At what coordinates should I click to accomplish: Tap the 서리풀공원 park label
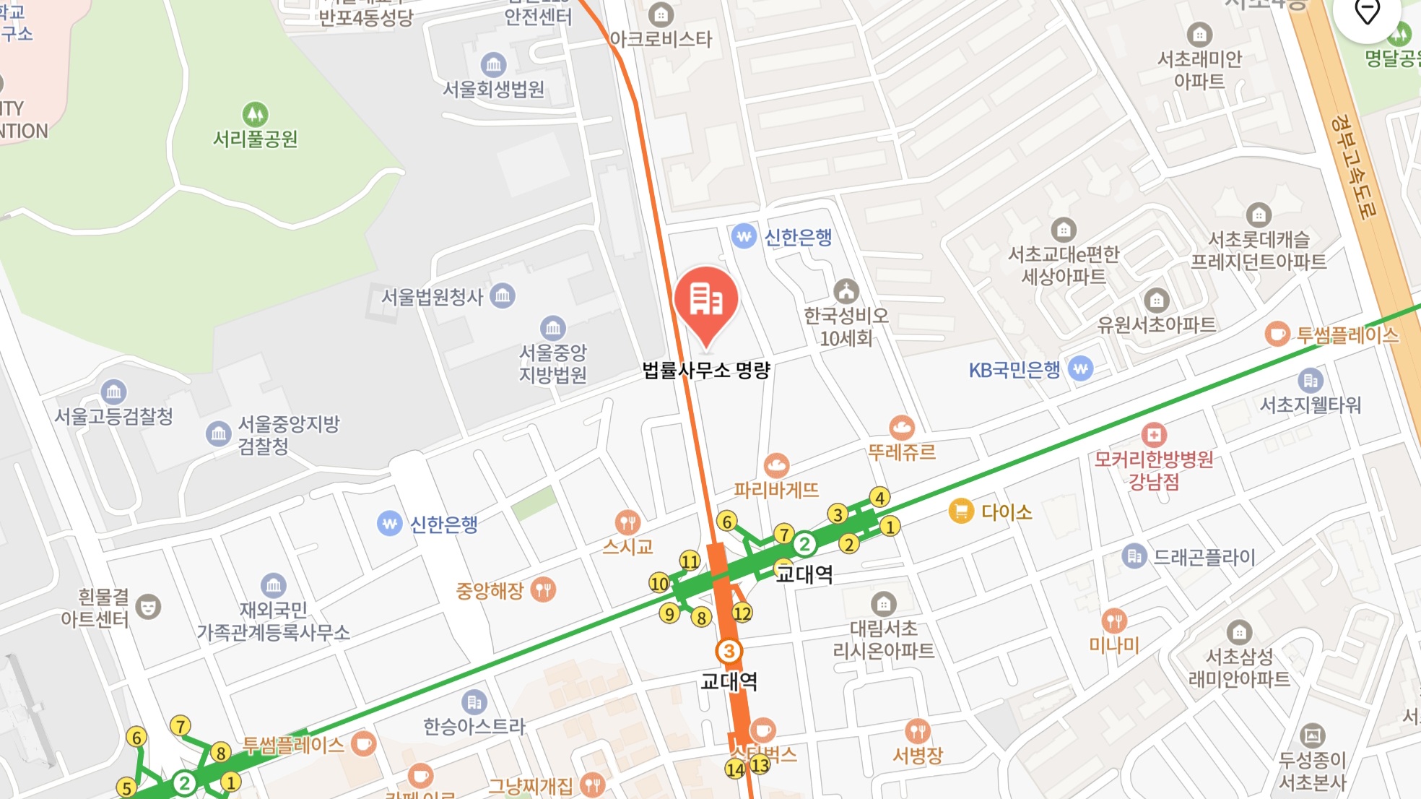click(255, 138)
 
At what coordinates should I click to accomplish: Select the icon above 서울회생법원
click(493, 65)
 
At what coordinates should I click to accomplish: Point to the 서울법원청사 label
click(432, 297)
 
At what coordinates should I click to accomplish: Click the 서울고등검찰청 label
click(114, 416)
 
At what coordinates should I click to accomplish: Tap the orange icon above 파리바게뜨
click(776, 465)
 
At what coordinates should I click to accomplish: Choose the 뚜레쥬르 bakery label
click(901, 452)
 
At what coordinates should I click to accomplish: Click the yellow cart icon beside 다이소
click(961, 511)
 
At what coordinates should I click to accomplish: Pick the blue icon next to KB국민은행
click(1080, 369)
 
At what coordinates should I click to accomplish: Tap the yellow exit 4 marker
click(879, 497)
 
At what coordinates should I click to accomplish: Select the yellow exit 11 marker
click(690, 561)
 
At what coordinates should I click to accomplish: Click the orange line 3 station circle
click(729, 651)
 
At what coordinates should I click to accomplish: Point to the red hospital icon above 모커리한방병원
click(1154, 434)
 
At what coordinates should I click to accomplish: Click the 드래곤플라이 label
click(1204, 557)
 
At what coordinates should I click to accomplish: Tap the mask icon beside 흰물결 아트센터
click(148, 607)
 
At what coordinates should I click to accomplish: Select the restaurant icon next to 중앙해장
click(543, 589)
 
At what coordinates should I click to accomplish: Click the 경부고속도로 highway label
click(1355, 166)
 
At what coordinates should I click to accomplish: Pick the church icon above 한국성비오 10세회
click(846, 292)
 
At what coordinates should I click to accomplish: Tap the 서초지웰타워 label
click(1311, 405)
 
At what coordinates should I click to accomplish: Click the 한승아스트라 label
click(474, 726)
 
